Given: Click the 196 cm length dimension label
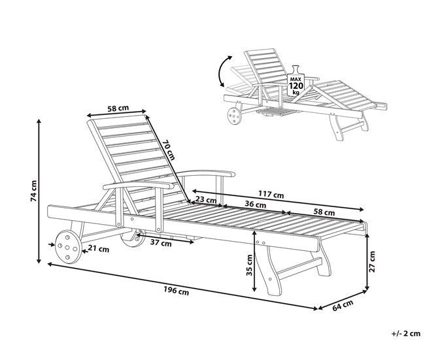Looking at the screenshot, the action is [x=176, y=291].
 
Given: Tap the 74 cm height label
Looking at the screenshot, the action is [x=34, y=191].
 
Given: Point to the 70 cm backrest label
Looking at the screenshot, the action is [x=169, y=150].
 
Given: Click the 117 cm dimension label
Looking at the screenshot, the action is [x=271, y=194].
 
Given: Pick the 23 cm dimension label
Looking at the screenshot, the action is [x=206, y=200].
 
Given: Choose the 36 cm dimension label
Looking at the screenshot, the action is [x=255, y=205].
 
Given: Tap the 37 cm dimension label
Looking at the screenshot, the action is [x=161, y=243].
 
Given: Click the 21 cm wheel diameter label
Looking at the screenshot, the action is [x=98, y=249].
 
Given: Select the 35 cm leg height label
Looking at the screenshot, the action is [x=249, y=265].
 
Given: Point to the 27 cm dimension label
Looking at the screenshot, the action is [x=372, y=262].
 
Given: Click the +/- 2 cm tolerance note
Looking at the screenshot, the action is [x=406, y=333].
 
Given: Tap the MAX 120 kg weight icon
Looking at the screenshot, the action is [x=296, y=81].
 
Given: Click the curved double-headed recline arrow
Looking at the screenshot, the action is [x=220, y=71].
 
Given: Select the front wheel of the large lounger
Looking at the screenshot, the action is [x=68, y=247].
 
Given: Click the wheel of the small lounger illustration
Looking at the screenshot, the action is [x=234, y=116].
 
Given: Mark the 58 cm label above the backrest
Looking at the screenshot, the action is [x=118, y=108].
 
